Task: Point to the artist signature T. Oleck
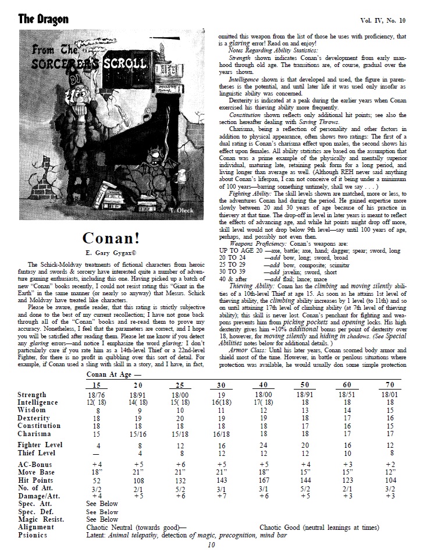pyautogui.click(x=186, y=208)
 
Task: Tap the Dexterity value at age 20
pyautogui.click(x=137, y=418)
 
